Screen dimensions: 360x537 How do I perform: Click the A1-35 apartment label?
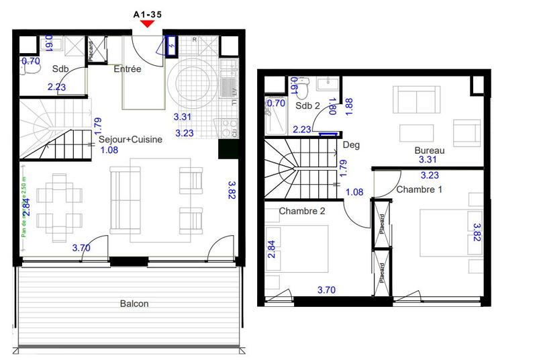coord(148,12)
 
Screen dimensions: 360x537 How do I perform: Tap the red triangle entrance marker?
coord(148,24)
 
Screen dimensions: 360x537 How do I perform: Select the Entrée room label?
coord(127,69)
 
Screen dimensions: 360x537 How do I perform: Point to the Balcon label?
coord(135,303)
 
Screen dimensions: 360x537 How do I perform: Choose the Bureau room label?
coord(430,150)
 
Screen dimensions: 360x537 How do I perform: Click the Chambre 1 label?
coord(420,190)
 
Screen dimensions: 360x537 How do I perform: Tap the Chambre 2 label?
coord(303,212)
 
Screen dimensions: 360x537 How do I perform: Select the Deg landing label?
coord(350,144)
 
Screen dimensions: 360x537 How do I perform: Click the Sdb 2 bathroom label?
coord(307,105)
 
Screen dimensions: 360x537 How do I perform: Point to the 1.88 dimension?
coord(348,104)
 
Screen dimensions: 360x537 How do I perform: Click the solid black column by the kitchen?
coord(227,149)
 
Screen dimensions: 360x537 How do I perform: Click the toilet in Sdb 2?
coord(303,87)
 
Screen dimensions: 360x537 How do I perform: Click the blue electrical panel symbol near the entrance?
coord(172,46)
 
